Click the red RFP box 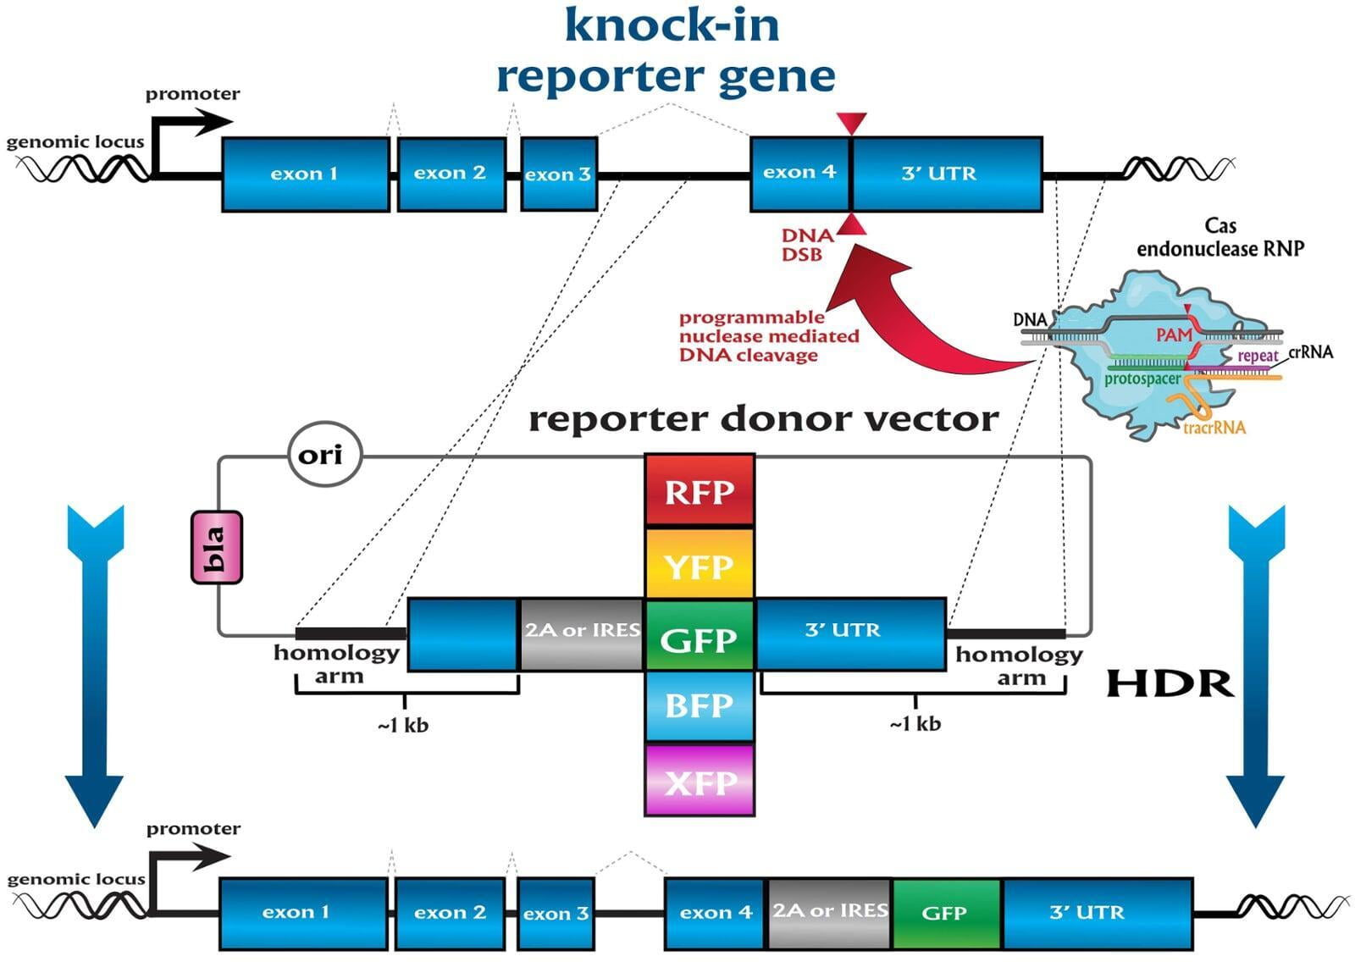point(699,490)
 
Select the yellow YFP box point(699,564)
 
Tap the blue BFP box point(699,705)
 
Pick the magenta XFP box point(699,780)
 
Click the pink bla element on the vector point(217,547)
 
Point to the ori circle point(325,455)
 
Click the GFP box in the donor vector point(699,637)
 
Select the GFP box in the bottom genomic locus point(945,913)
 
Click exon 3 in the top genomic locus point(558,174)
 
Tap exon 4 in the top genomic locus point(799,173)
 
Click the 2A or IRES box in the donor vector point(581,633)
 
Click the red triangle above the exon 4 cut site point(851,124)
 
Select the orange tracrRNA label point(1214,428)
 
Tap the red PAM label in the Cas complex point(1174,335)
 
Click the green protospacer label point(1142,379)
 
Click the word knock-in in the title point(671,25)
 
